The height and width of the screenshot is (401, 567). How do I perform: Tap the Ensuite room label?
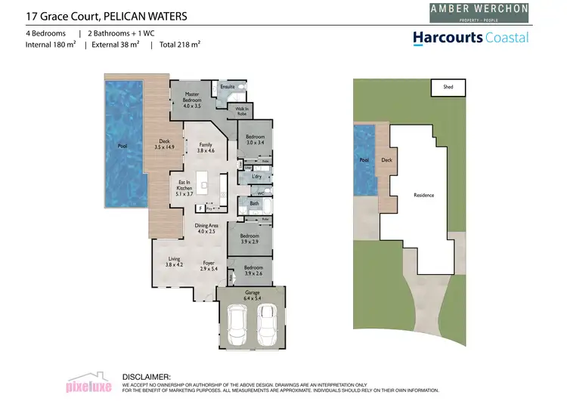click(x=228, y=87)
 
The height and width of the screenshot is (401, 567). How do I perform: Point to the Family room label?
click(x=206, y=147)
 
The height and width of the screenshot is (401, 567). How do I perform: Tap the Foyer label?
click(x=209, y=265)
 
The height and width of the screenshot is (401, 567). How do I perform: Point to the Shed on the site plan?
click(x=448, y=87)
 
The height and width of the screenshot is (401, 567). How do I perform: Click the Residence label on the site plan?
click(x=423, y=195)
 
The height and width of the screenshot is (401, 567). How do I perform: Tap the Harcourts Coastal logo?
click(x=470, y=38)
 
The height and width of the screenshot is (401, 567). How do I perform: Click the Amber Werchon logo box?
click(x=473, y=11)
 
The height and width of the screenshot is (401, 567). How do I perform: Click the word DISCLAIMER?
click(x=147, y=376)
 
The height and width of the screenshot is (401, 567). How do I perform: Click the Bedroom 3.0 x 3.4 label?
click(x=250, y=139)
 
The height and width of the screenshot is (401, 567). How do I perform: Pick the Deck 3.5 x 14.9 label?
click(x=164, y=143)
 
